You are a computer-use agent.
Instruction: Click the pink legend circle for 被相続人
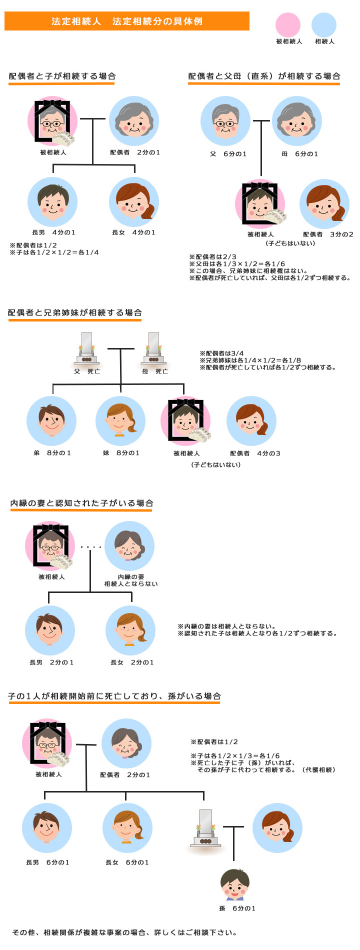pos(288,25)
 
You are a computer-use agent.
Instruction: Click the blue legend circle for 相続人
pos(324,25)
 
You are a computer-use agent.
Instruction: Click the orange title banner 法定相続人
pos(127,21)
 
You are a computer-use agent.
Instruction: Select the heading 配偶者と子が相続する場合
pos(62,76)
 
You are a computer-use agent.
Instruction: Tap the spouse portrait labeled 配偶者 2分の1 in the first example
pos(134,121)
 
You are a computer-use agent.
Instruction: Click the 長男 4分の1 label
pos(53,232)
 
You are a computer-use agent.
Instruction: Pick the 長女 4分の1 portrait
pos(134,202)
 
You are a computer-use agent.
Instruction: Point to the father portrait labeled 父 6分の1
pos(225,121)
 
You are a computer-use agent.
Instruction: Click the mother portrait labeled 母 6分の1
pos(297,121)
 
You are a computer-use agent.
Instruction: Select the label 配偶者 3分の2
pos(328,234)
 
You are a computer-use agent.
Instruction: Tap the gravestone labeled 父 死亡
pos(86,348)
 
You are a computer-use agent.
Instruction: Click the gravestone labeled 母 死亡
pos(153,348)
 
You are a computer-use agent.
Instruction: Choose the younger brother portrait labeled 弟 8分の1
pos(51,421)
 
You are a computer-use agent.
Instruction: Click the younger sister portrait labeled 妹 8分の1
pos(120,421)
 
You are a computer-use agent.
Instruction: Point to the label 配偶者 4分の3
pos(255,453)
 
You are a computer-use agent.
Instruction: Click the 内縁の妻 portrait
pos(129,546)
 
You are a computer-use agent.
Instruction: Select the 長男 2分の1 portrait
pos(50,630)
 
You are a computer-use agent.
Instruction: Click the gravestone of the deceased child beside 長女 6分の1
pos(205,828)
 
